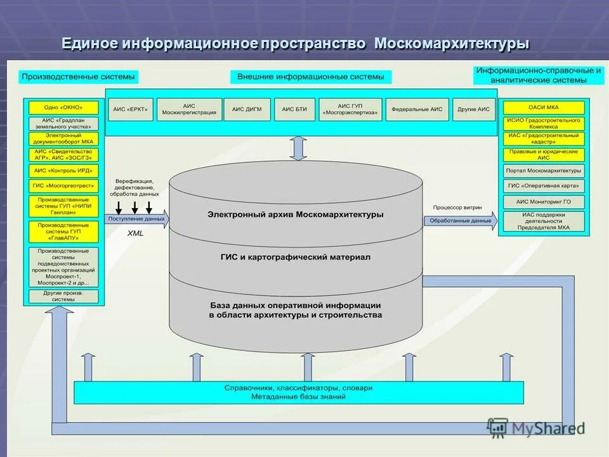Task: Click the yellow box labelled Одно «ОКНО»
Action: coord(63,108)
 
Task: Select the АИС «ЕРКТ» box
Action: coord(130,109)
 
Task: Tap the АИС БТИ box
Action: coord(294,109)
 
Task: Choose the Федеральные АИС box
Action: coord(417,109)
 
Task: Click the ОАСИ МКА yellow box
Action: coord(544,107)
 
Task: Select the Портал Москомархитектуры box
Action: coord(544,171)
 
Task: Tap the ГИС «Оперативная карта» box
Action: coord(544,186)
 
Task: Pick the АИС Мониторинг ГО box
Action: coord(544,201)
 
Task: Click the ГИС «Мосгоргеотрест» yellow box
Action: coord(63,186)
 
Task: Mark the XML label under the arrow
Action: coord(136,234)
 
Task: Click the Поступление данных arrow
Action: coord(137,220)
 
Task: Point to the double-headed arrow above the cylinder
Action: coord(298,148)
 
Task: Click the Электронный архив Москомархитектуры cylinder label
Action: coord(295,215)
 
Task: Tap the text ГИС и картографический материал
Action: coord(295,257)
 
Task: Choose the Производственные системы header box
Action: coord(79,77)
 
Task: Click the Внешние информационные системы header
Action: coord(311,77)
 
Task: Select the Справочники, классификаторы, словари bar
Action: coord(298,392)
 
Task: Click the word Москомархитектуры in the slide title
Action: coord(452,44)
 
